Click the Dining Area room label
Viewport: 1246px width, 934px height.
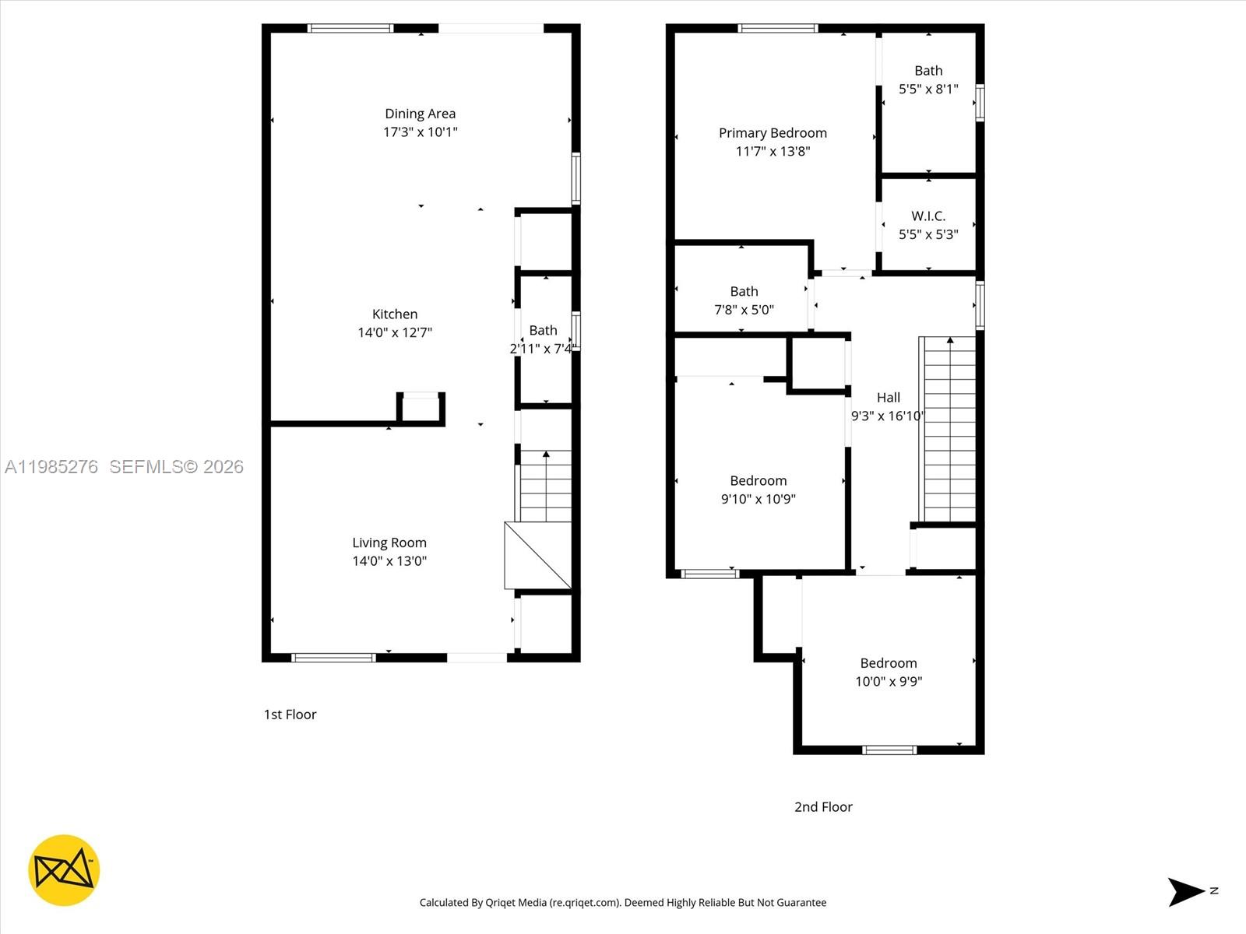click(420, 114)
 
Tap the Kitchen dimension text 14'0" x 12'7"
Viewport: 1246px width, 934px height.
click(394, 332)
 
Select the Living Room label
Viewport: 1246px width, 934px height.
click(389, 542)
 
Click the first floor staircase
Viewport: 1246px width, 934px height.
click(545, 486)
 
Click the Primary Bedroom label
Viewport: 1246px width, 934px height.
click(773, 133)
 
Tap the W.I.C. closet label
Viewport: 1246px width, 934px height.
click(928, 216)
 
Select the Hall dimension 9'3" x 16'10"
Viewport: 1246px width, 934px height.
click(887, 416)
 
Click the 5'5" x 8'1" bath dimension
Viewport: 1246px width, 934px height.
click(928, 90)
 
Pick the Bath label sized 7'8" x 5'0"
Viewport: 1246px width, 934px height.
click(744, 291)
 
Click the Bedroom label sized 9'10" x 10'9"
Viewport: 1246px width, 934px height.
click(758, 481)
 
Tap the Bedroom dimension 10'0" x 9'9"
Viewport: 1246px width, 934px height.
click(888, 681)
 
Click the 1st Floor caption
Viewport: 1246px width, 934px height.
click(290, 715)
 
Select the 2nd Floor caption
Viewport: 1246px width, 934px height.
click(823, 807)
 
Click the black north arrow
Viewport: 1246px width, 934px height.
click(1185, 891)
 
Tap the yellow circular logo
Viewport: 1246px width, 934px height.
click(64, 870)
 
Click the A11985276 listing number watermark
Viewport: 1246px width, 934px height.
click(51, 466)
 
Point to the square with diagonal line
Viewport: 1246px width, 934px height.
click(537, 555)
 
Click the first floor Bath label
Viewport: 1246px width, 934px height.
click(543, 330)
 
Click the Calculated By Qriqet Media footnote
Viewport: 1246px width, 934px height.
click(622, 903)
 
